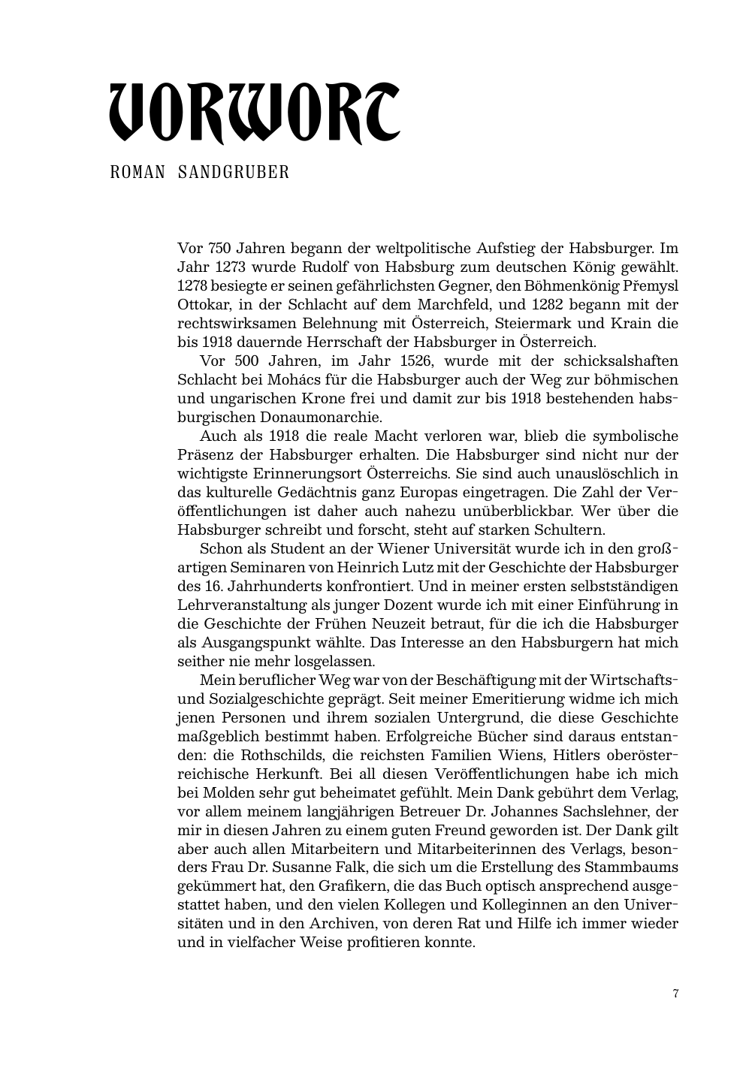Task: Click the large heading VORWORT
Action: click(255, 114)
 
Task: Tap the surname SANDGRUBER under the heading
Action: click(234, 173)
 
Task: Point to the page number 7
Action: click(676, 994)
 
